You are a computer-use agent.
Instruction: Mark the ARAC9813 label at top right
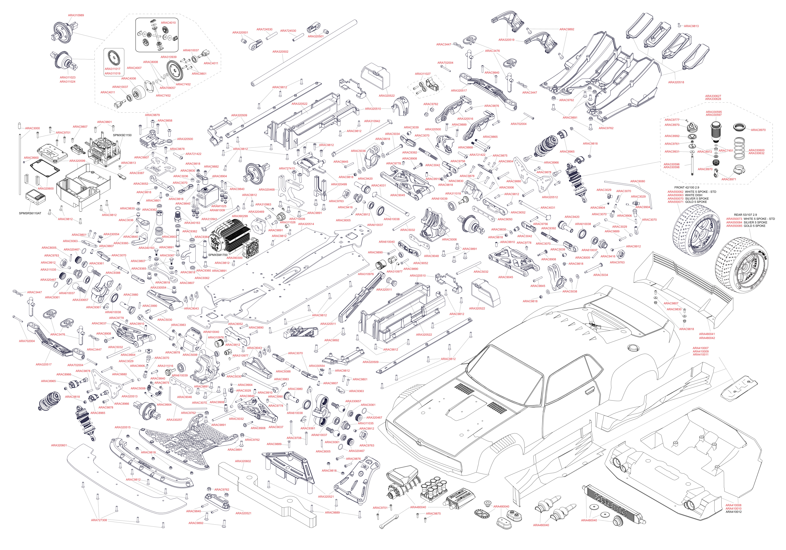click(691, 26)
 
